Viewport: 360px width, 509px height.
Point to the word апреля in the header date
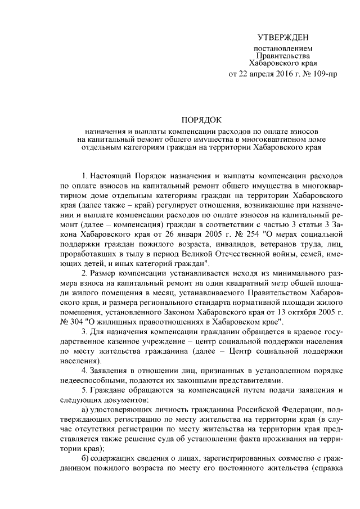click(258, 73)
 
